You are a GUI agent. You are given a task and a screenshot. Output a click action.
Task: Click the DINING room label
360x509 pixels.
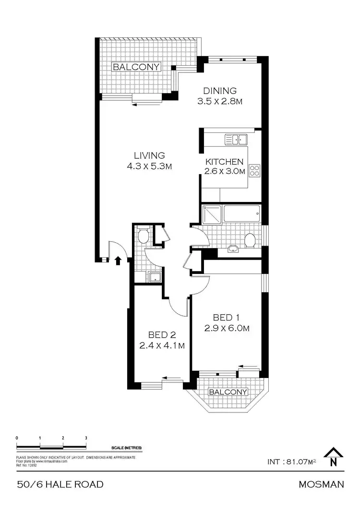(x=220, y=91)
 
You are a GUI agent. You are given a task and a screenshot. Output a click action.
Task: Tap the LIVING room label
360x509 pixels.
(x=149, y=155)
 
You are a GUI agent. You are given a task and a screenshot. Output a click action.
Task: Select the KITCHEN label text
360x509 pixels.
(x=224, y=162)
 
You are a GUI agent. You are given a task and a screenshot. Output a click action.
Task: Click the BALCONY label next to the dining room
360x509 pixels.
(x=136, y=67)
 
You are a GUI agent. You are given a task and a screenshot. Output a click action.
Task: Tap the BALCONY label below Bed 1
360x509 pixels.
(x=228, y=392)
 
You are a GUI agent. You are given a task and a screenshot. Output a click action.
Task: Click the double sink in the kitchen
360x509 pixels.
(x=236, y=140)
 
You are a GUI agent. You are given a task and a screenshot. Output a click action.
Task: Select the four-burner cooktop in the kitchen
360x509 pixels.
(x=255, y=171)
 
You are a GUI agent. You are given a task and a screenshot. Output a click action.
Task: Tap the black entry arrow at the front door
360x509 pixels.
(x=118, y=260)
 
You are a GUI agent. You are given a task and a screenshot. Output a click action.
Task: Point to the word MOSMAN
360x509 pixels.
(x=321, y=485)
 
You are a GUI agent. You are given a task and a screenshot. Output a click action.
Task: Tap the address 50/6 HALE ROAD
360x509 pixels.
(x=60, y=485)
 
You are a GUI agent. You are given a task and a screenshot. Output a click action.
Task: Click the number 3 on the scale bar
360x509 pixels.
(x=86, y=438)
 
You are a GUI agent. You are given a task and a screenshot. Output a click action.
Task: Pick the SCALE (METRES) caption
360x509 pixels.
(x=126, y=448)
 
